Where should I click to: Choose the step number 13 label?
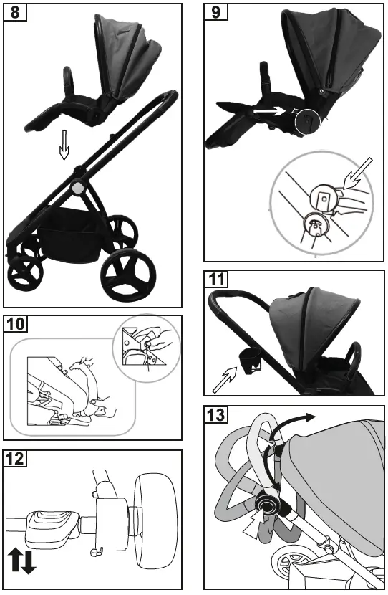coord(216,415)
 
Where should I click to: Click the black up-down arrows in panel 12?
coord(22,560)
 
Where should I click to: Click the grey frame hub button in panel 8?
coord(76,187)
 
